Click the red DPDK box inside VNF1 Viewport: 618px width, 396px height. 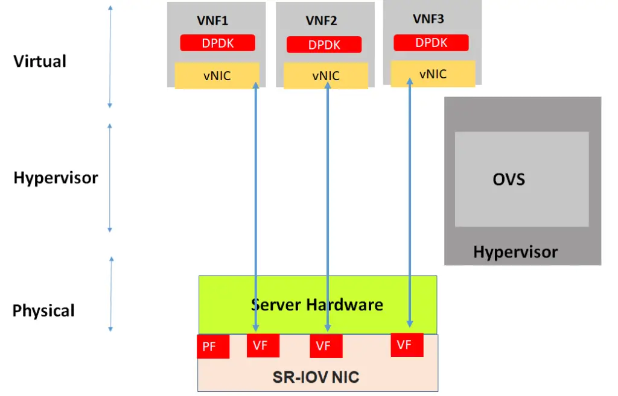(217, 43)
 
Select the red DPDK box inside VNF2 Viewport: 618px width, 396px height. (324, 45)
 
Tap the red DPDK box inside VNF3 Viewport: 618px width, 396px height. (431, 43)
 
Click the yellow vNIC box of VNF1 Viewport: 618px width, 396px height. (217, 76)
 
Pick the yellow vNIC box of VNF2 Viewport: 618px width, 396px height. (326, 76)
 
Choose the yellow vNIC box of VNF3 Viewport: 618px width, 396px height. (433, 74)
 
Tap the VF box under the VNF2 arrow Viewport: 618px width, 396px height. (326, 346)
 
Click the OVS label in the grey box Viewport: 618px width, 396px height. (509, 180)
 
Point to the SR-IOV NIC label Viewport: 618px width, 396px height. (316, 378)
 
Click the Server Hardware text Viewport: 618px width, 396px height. (317, 304)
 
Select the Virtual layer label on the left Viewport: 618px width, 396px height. (40, 61)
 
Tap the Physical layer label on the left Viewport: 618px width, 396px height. (43, 311)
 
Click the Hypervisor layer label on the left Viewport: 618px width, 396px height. (56, 178)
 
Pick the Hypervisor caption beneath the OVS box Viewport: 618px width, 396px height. (515, 252)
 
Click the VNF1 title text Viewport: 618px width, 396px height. (212, 21)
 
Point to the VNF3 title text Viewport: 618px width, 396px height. (428, 19)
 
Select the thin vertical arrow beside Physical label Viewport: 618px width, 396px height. (111, 294)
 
